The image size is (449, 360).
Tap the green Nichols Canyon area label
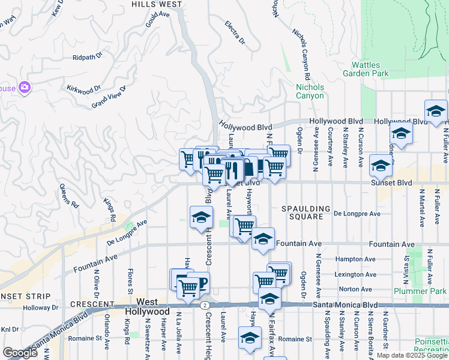point(310,91)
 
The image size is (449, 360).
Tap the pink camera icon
point(24,88)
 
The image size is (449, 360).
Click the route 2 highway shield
point(206,305)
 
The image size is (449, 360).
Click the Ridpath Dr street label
point(88,58)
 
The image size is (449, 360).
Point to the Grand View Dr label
point(109,97)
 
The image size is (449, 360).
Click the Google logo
point(20,353)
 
